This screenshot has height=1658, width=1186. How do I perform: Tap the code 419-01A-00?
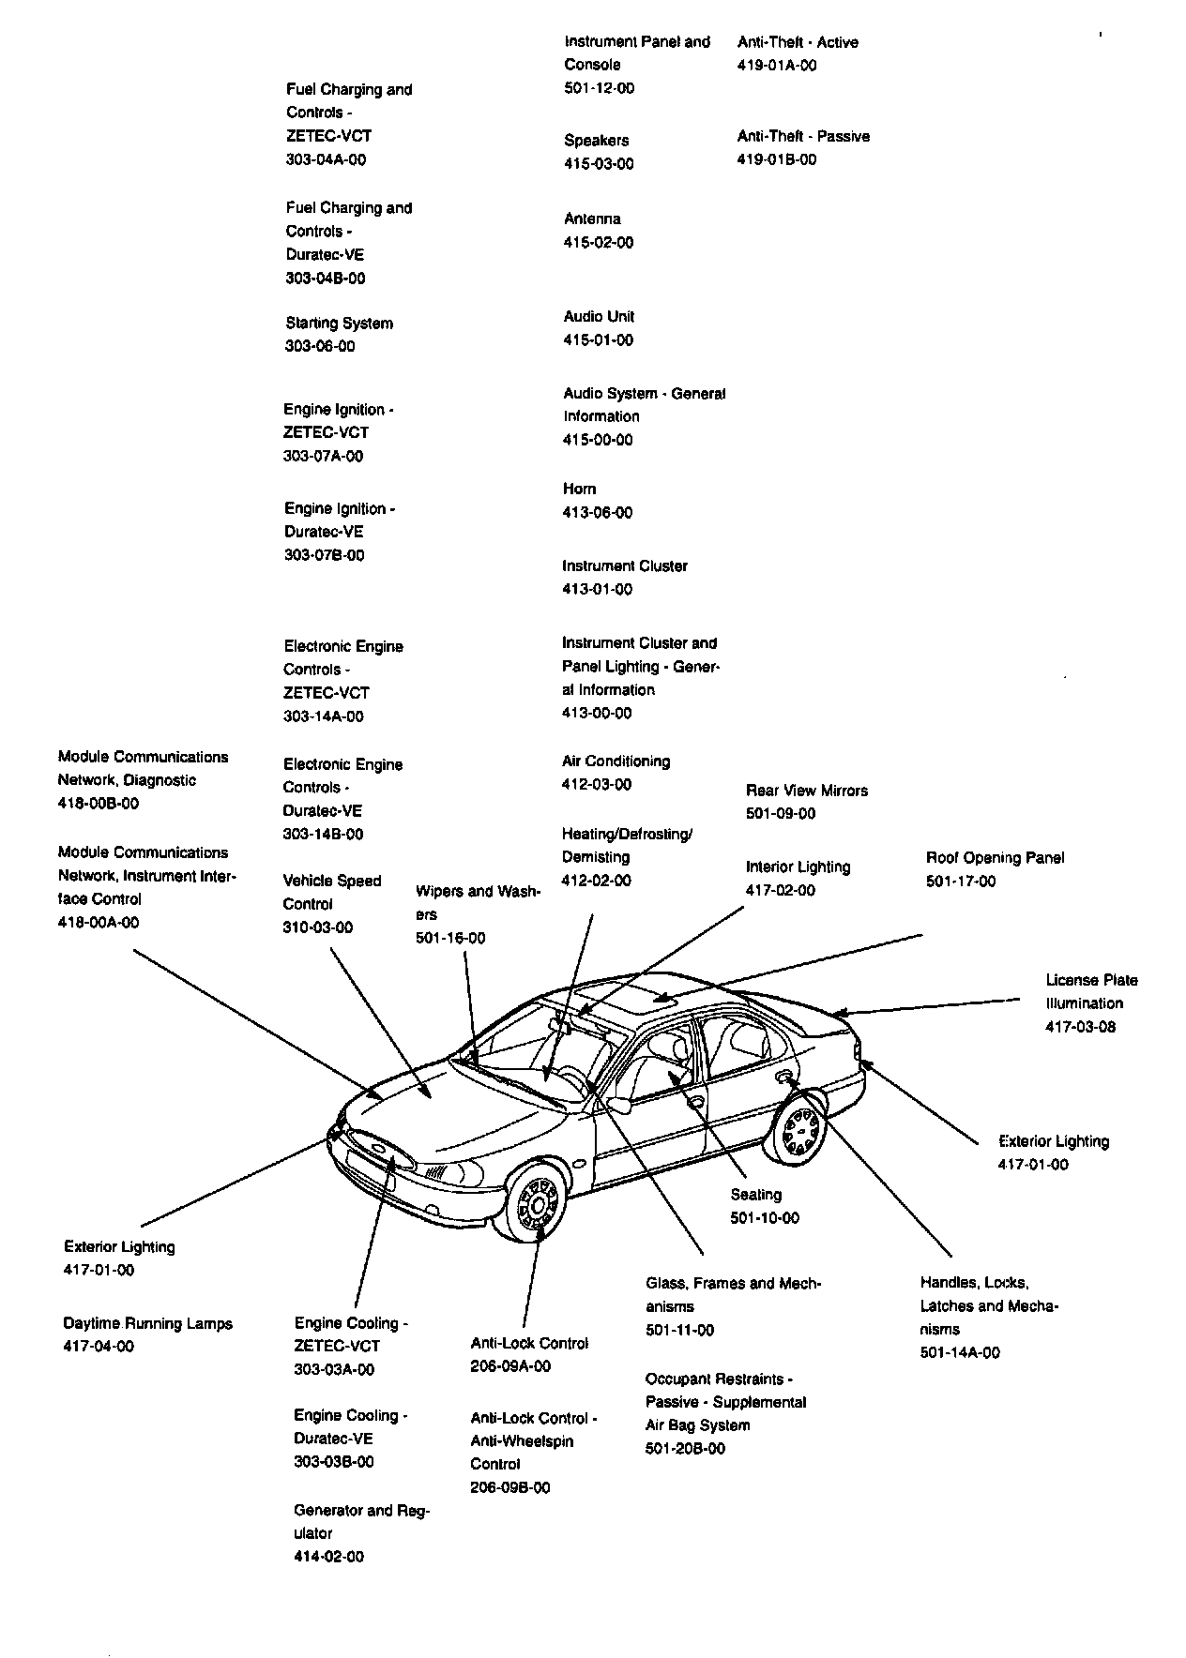point(777,66)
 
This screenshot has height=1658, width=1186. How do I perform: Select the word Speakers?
point(596,141)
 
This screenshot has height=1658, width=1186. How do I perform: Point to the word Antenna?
point(592,219)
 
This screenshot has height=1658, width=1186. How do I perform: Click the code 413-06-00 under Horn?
point(598,513)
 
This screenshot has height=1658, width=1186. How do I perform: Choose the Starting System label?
point(339,324)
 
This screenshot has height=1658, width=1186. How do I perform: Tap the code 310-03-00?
point(318,927)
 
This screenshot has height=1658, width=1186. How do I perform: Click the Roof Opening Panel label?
point(995,858)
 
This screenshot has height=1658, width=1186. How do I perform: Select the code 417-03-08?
point(1081,1027)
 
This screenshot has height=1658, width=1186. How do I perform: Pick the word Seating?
point(755,1195)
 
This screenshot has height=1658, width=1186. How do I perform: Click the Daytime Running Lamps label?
point(147,1324)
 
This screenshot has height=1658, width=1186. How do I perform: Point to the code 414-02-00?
point(328,1557)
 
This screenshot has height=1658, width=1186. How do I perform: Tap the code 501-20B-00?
point(685,1449)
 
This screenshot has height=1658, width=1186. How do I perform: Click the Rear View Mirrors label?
point(807,791)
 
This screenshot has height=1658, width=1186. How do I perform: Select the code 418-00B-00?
point(99,804)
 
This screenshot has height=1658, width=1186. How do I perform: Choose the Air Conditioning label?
point(616,761)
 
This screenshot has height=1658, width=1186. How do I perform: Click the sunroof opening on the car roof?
point(626,996)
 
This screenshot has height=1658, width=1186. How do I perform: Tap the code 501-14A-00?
point(960,1352)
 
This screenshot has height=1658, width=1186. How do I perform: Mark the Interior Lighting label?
point(798,867)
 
